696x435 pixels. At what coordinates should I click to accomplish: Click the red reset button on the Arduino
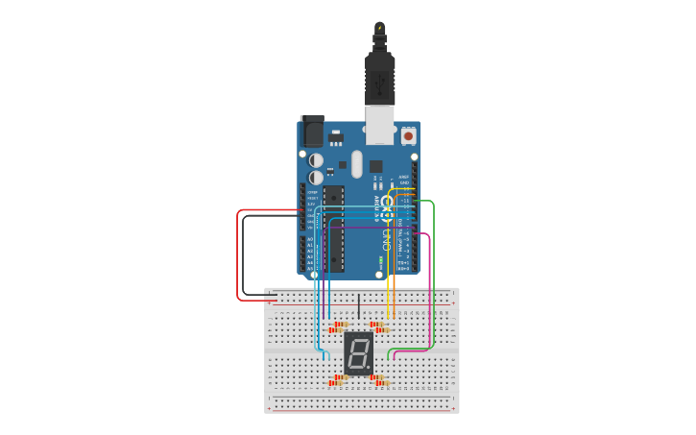[x=408, y=136]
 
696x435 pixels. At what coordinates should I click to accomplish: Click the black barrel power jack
[x=313, y=131]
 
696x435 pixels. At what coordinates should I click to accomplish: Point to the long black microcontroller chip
[x=333, y=229]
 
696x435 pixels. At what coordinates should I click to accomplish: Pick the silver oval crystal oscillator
[x=357, y=164]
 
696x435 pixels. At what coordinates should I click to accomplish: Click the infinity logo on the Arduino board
[x=387, y=204]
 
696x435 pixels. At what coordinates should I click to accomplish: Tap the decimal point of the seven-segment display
[x=371, y=369]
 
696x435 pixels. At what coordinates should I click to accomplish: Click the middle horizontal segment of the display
[x=358, y=353]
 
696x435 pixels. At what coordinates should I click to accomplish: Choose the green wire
[x=434, y=278]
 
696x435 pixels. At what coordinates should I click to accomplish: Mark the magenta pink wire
[x=428, y=288]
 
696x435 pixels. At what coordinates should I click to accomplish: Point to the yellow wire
[x=389, y=278]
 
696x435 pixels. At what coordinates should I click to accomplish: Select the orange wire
[x=395, y=278]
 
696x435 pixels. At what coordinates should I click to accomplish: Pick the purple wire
[x=365, y=228]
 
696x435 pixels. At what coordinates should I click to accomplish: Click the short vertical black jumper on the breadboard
[x=358, y=305]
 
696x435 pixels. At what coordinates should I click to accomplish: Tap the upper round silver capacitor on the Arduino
[x=316, y=160]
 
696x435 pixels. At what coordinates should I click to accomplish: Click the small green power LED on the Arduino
[x=382, y=259]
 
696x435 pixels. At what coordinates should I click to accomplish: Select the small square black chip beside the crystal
[x=375, y=166]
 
